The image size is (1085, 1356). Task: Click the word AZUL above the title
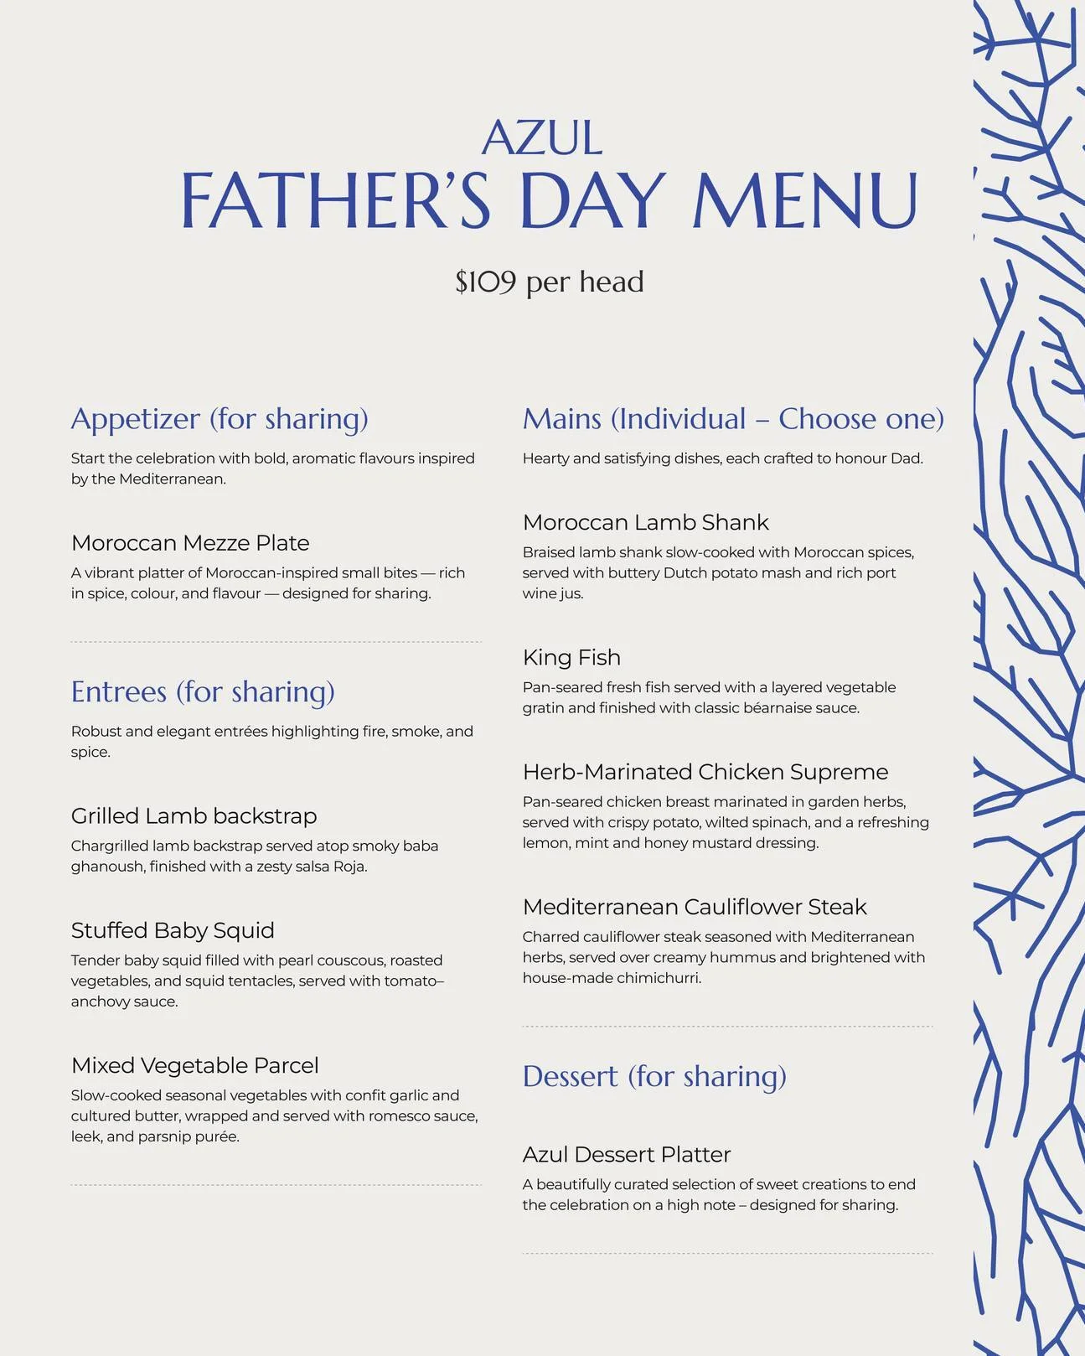point(542,138)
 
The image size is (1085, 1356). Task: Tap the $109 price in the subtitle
point(485,282)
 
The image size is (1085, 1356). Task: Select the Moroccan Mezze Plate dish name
point(190,543)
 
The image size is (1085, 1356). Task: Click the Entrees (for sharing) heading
point(203,692)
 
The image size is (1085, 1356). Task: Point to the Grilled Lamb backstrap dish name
point(194,816)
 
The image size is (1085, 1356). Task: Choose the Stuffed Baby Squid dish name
point(173,930)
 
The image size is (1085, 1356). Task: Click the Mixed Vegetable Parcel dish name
point(194,1065)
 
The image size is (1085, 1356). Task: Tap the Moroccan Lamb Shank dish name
point(645,523)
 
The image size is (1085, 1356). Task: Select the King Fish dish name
point(571,658)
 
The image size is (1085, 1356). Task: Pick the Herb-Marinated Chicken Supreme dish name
point(705,772)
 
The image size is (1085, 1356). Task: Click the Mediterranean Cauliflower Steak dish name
point(694,907)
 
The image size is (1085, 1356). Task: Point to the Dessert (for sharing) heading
point(654,1076)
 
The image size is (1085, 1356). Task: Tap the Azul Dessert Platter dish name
point(626,1155)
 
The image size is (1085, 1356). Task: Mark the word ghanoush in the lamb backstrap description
point(108,867)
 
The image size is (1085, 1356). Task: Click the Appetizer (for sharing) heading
point(220,419)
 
